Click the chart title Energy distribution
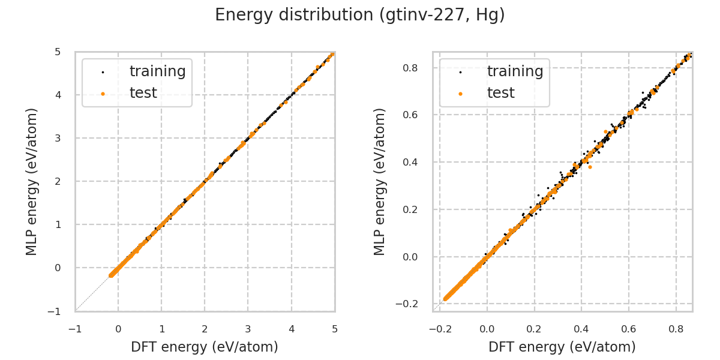pyautogui.click(x=359, y=15)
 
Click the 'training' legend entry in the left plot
pyautogui.click(x=157, y=71)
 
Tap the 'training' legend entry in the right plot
pyautogui.click(x=515, y=71)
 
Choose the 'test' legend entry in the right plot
pyautogui.click(x=500, y=93)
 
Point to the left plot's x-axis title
pyautogui.click(x=205, y=347)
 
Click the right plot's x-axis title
pyautogui.click(x=562, y=347)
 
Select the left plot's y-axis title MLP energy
pyautogui.click(x=32, y=181)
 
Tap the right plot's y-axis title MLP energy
pyautogui.click(x=380, y=181)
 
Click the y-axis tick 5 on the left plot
pyautogui.click(x=58, y=52)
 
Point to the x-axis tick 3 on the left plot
pyautogui.click(x=248, y=329)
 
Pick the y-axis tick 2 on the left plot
pyautogui.click(x=58, y=181)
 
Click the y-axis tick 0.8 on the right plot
pyautogui.click(x=411, y=68)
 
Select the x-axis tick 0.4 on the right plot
pyautogui.click(x=581, y=329)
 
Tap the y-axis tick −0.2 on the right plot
pyautogui.click(x=408, y=304)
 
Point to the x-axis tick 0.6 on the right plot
pyautogui.click(x=629, y=329)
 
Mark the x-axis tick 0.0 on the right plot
pyautogui.click(x=487, y=329)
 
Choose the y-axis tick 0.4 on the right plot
pyautogui.click(x=411, y=162)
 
